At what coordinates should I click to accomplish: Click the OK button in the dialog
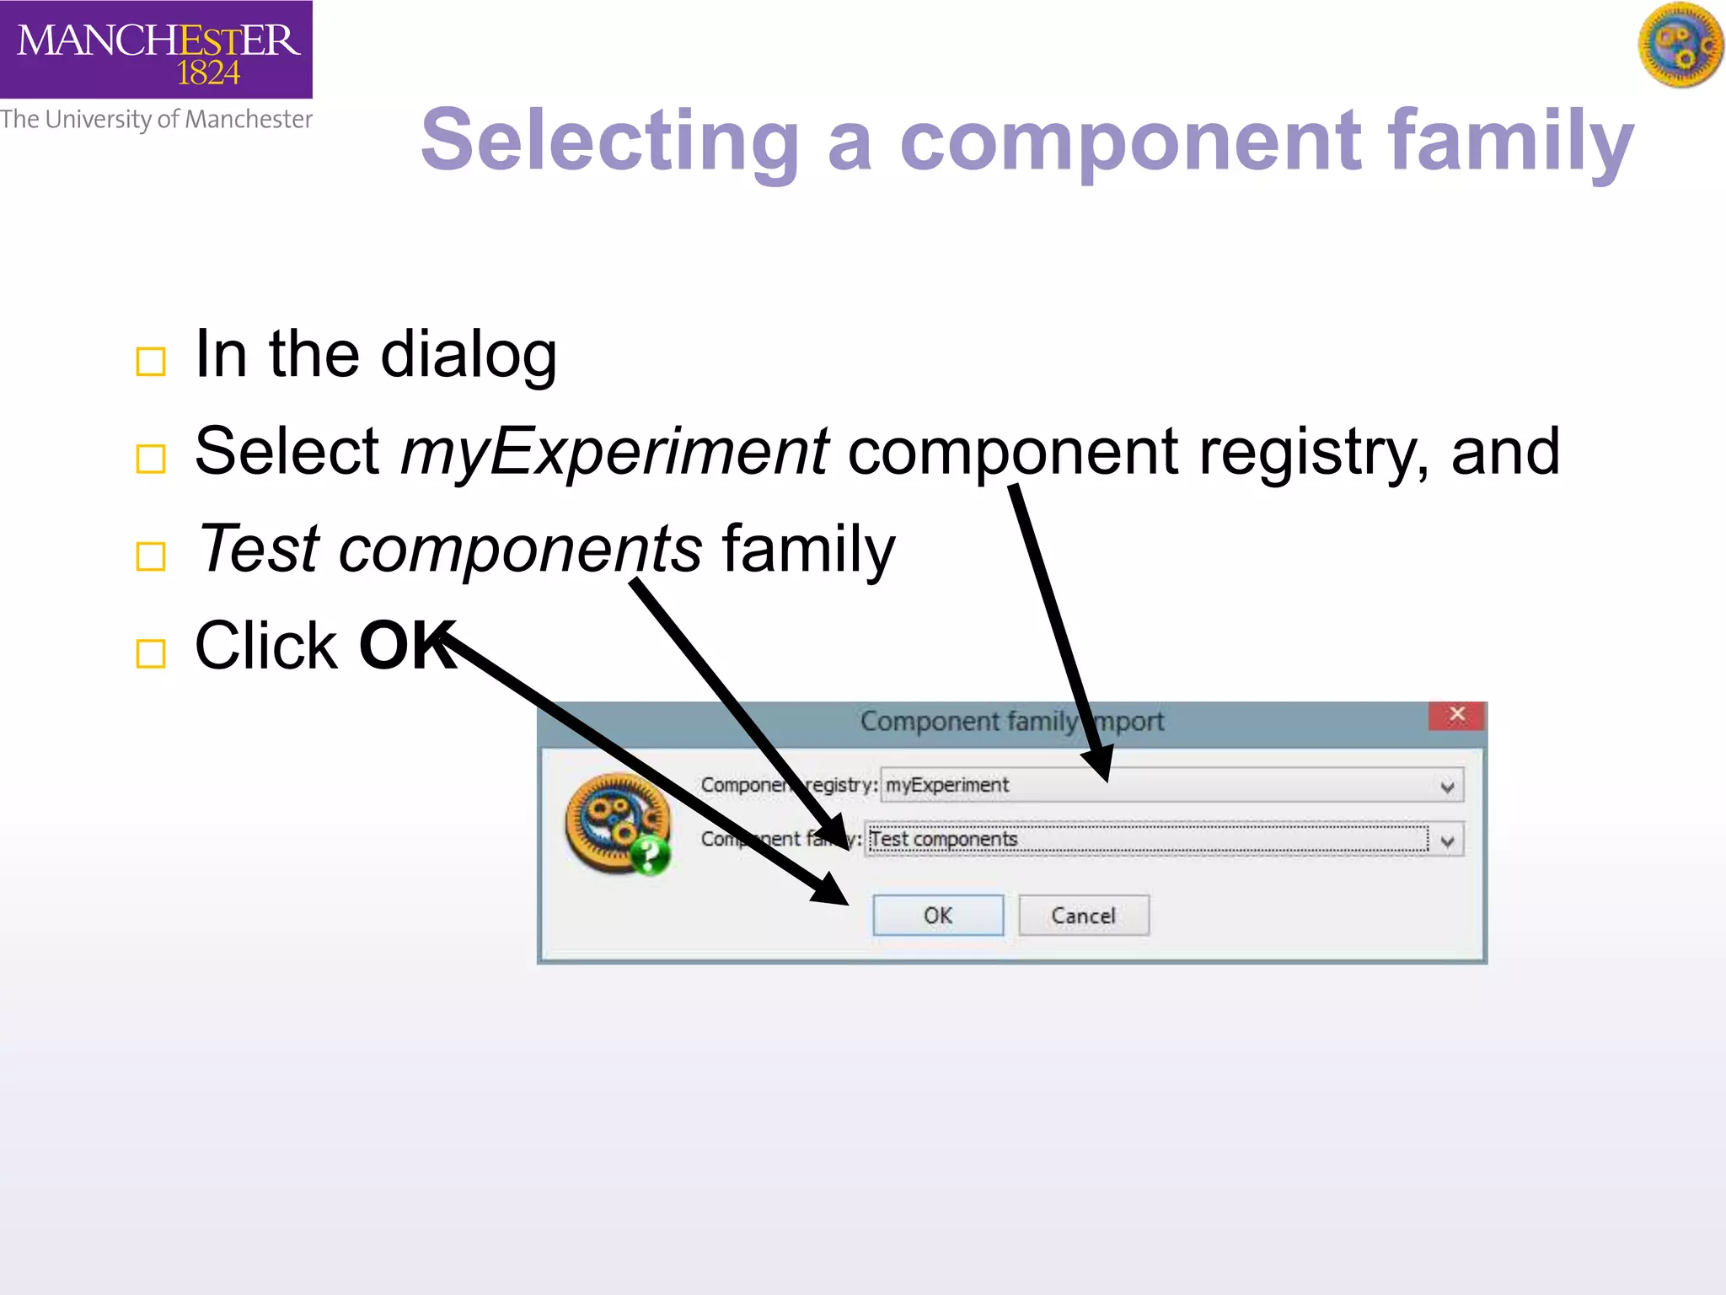[x=937, y=916]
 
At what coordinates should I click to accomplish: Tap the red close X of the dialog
[x=1456, y=716]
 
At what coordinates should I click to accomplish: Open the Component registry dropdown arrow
[x=1447, y=787]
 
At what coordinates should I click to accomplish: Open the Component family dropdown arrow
[x=1447, y=841]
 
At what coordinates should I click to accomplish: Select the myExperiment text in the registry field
[x=946, y=785]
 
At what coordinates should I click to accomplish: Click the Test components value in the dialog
[x=944, y=840]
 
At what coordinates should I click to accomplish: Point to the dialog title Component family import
[x=1011, y=722]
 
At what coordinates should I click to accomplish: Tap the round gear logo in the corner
[x=1680, y=46]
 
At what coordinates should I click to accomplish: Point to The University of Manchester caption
[x=157, y=120]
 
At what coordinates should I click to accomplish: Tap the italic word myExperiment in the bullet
[x=614, y=452]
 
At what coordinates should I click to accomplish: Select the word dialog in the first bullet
[x=469, y=355]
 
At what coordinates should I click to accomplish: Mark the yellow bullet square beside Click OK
[x=151, y=653]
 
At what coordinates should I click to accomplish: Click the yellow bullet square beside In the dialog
[x=151, y=362]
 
